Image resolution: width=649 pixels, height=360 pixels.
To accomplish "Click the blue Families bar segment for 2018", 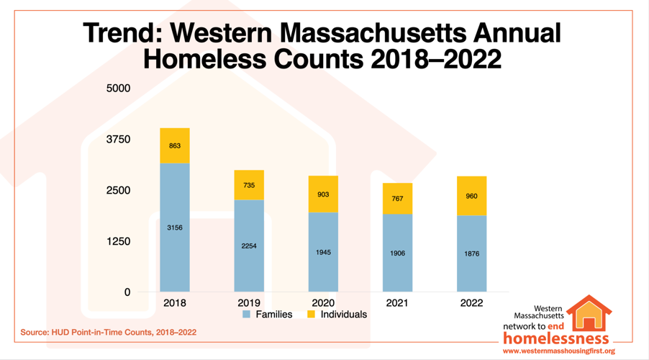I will (175, 228).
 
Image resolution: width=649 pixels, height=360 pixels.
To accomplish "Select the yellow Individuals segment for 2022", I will (471, 196).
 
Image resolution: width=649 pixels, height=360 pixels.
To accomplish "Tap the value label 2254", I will (249, 246).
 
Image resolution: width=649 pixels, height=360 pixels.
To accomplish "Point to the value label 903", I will (323, 194).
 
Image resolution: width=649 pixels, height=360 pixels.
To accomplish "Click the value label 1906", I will (397, 253).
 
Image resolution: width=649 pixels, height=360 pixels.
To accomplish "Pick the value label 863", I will (175, 146).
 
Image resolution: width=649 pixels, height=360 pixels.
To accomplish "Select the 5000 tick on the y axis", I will (118, 89).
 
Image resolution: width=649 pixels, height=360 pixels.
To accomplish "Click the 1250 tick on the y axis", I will (118, 241).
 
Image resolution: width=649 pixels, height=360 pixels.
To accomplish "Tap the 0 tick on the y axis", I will (127, 292).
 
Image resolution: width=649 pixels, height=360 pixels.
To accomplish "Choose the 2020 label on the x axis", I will (323, 303).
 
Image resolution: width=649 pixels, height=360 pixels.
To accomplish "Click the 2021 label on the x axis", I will (397, 303).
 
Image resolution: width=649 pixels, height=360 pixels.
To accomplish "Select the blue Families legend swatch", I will (247, 315).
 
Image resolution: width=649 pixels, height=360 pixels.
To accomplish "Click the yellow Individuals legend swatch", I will (311, 315).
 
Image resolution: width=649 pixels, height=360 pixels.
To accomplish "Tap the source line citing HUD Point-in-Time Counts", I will (108, 333).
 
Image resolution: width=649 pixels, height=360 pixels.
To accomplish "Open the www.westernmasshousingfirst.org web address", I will (558, 351).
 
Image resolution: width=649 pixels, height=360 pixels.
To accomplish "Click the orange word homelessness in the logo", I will (556, 338).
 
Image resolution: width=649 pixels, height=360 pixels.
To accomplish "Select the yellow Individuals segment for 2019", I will (249, 185).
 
